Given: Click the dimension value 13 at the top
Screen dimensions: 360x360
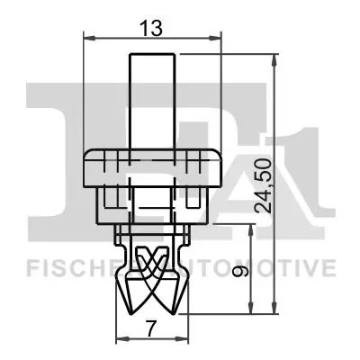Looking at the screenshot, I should pyautogui.click(x=153, y=28).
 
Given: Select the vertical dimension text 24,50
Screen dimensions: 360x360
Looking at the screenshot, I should pyautogui.click(x=262, y=187).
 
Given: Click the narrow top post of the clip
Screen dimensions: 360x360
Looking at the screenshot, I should pyautogui.click(x=151, y=99).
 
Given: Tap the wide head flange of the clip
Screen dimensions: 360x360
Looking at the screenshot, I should pyautogui.click(x=151, y=168).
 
